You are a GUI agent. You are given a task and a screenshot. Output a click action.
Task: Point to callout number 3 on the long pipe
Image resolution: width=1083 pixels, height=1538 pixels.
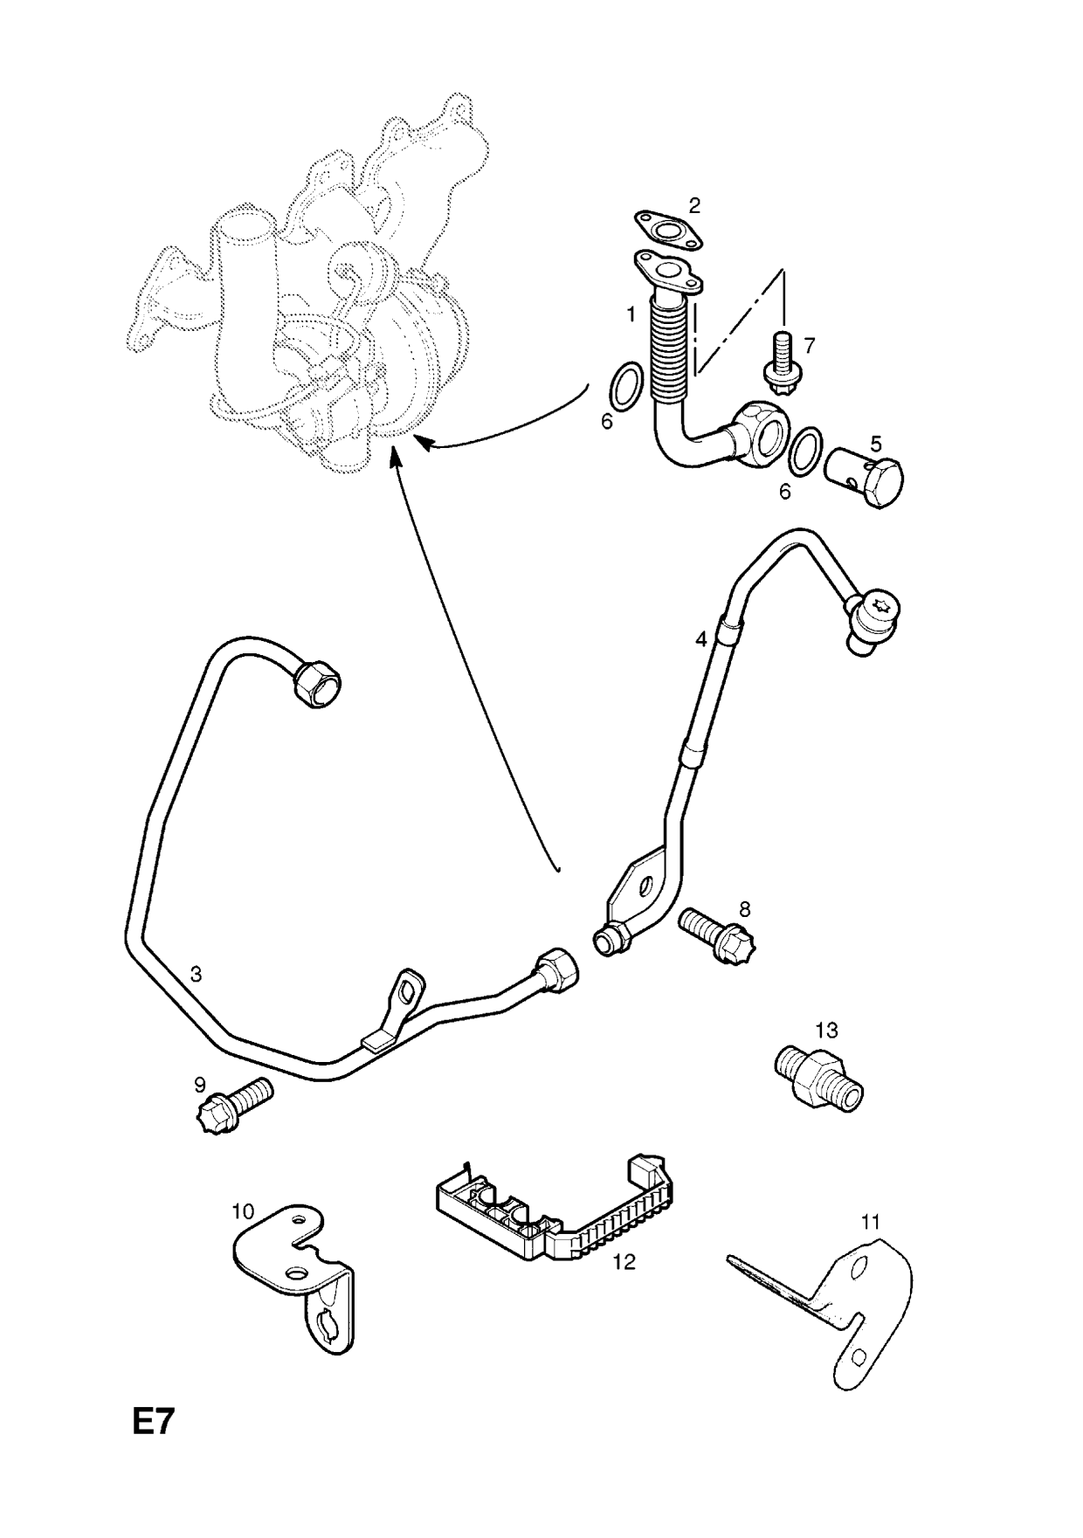[x=197, y=974]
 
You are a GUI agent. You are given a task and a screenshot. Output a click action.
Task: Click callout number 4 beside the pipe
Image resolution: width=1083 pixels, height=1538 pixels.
[x=701, y=639]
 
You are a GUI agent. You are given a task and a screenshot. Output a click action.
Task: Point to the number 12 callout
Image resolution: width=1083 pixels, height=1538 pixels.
[x=624, y=1262]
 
